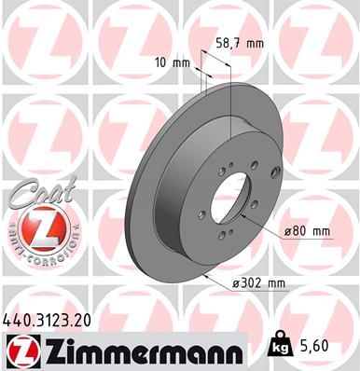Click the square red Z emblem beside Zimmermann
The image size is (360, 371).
click(21, 351)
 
